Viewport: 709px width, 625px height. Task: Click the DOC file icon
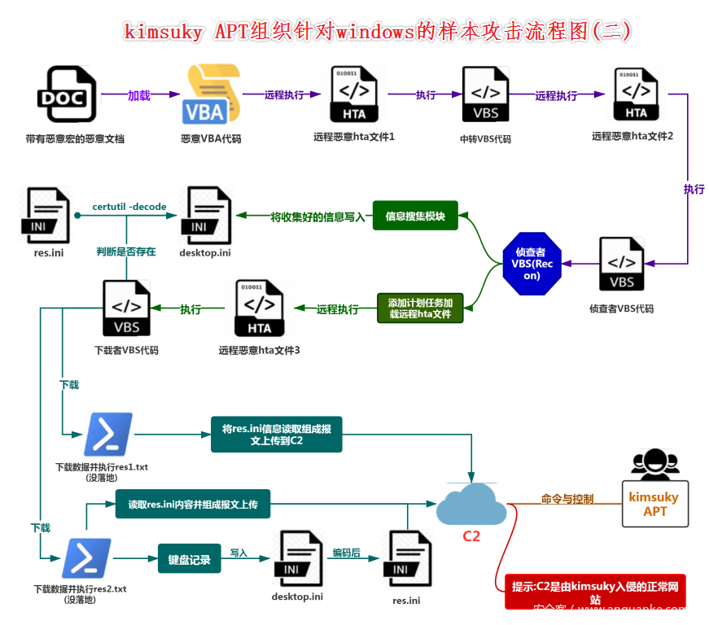click(x=66, y=94)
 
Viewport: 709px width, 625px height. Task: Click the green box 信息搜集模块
click(x=415, y=216)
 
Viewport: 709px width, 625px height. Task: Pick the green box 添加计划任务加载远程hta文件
click(x=420, y=308)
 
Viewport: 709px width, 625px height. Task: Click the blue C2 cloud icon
click(x=470, y=505)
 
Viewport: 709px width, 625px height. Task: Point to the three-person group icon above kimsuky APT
click(x=654, y=465)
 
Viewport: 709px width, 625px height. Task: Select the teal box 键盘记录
click(x=189, y=559)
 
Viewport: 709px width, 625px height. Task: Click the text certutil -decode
click(x=129, y=207)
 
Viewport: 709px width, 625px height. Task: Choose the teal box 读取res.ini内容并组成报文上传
click(x=193, y=505)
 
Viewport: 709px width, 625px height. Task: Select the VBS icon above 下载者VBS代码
click(x=126, y=308)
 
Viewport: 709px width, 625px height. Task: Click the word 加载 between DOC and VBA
click(x=139, y=95)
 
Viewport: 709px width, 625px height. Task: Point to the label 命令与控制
click(x=567, y=499)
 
